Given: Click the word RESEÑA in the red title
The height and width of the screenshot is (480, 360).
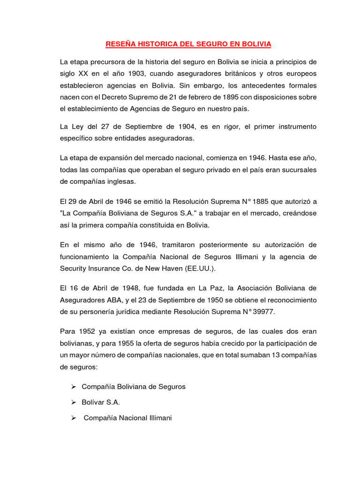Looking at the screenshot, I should (120, 44).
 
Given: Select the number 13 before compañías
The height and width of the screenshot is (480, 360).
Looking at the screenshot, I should (274, 355).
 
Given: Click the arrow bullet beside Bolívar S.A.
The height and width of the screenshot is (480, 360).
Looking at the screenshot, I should (73, 402).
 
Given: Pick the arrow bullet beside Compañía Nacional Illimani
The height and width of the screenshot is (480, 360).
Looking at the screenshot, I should (73, 418).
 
